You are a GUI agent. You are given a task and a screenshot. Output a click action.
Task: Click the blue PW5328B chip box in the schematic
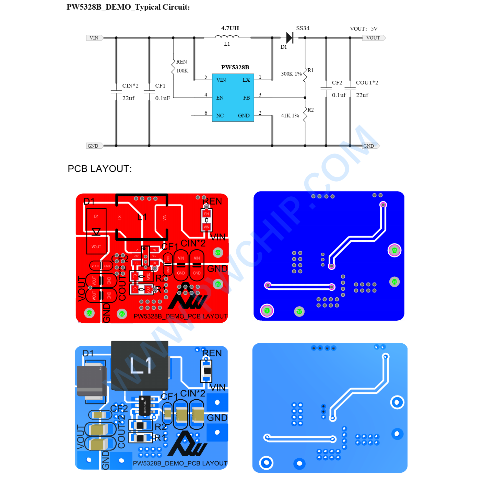pos(233,97)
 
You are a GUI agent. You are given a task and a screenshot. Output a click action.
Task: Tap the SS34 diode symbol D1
pos(290,38)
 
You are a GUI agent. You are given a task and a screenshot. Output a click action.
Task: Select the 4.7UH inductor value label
pos(230,28)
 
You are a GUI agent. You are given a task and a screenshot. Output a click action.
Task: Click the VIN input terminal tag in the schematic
pos(94,38)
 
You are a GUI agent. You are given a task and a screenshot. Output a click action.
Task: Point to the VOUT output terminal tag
pos(373,38)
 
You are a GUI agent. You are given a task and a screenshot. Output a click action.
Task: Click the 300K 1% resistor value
pos(291,74)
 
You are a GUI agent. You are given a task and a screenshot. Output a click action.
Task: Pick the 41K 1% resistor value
pos(290,116)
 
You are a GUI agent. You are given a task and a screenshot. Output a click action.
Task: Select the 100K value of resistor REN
pos(182,71)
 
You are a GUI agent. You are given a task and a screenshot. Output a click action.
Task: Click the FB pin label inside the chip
pos(246,98)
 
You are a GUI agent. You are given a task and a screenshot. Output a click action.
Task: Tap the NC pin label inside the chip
pos(220,116)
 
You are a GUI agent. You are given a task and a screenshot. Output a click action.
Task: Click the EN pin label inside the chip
pos(220,98)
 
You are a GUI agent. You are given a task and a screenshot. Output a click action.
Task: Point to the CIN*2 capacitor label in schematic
pos(130,86)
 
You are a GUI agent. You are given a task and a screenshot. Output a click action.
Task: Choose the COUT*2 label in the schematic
pos(367,83)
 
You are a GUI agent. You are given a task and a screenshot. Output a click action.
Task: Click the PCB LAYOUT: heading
pos(99,169)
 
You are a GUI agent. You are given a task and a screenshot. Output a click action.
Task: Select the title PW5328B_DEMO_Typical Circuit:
pos(128,7)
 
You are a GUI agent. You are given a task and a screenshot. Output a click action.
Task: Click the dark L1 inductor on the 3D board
pos(140,365)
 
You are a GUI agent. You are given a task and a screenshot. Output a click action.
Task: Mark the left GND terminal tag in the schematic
pos(93,146)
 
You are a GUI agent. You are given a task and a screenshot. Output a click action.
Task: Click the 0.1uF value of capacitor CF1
pos(163,99)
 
